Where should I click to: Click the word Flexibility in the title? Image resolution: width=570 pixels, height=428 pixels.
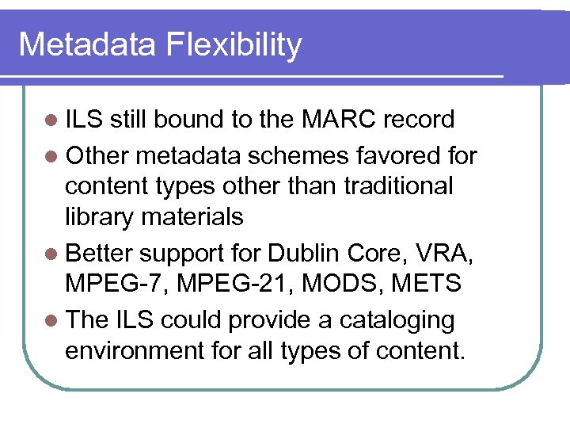tap(234, 45)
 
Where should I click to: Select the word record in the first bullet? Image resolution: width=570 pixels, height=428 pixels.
tap(419, 120)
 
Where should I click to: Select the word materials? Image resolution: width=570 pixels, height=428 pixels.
tap(193, 216)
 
